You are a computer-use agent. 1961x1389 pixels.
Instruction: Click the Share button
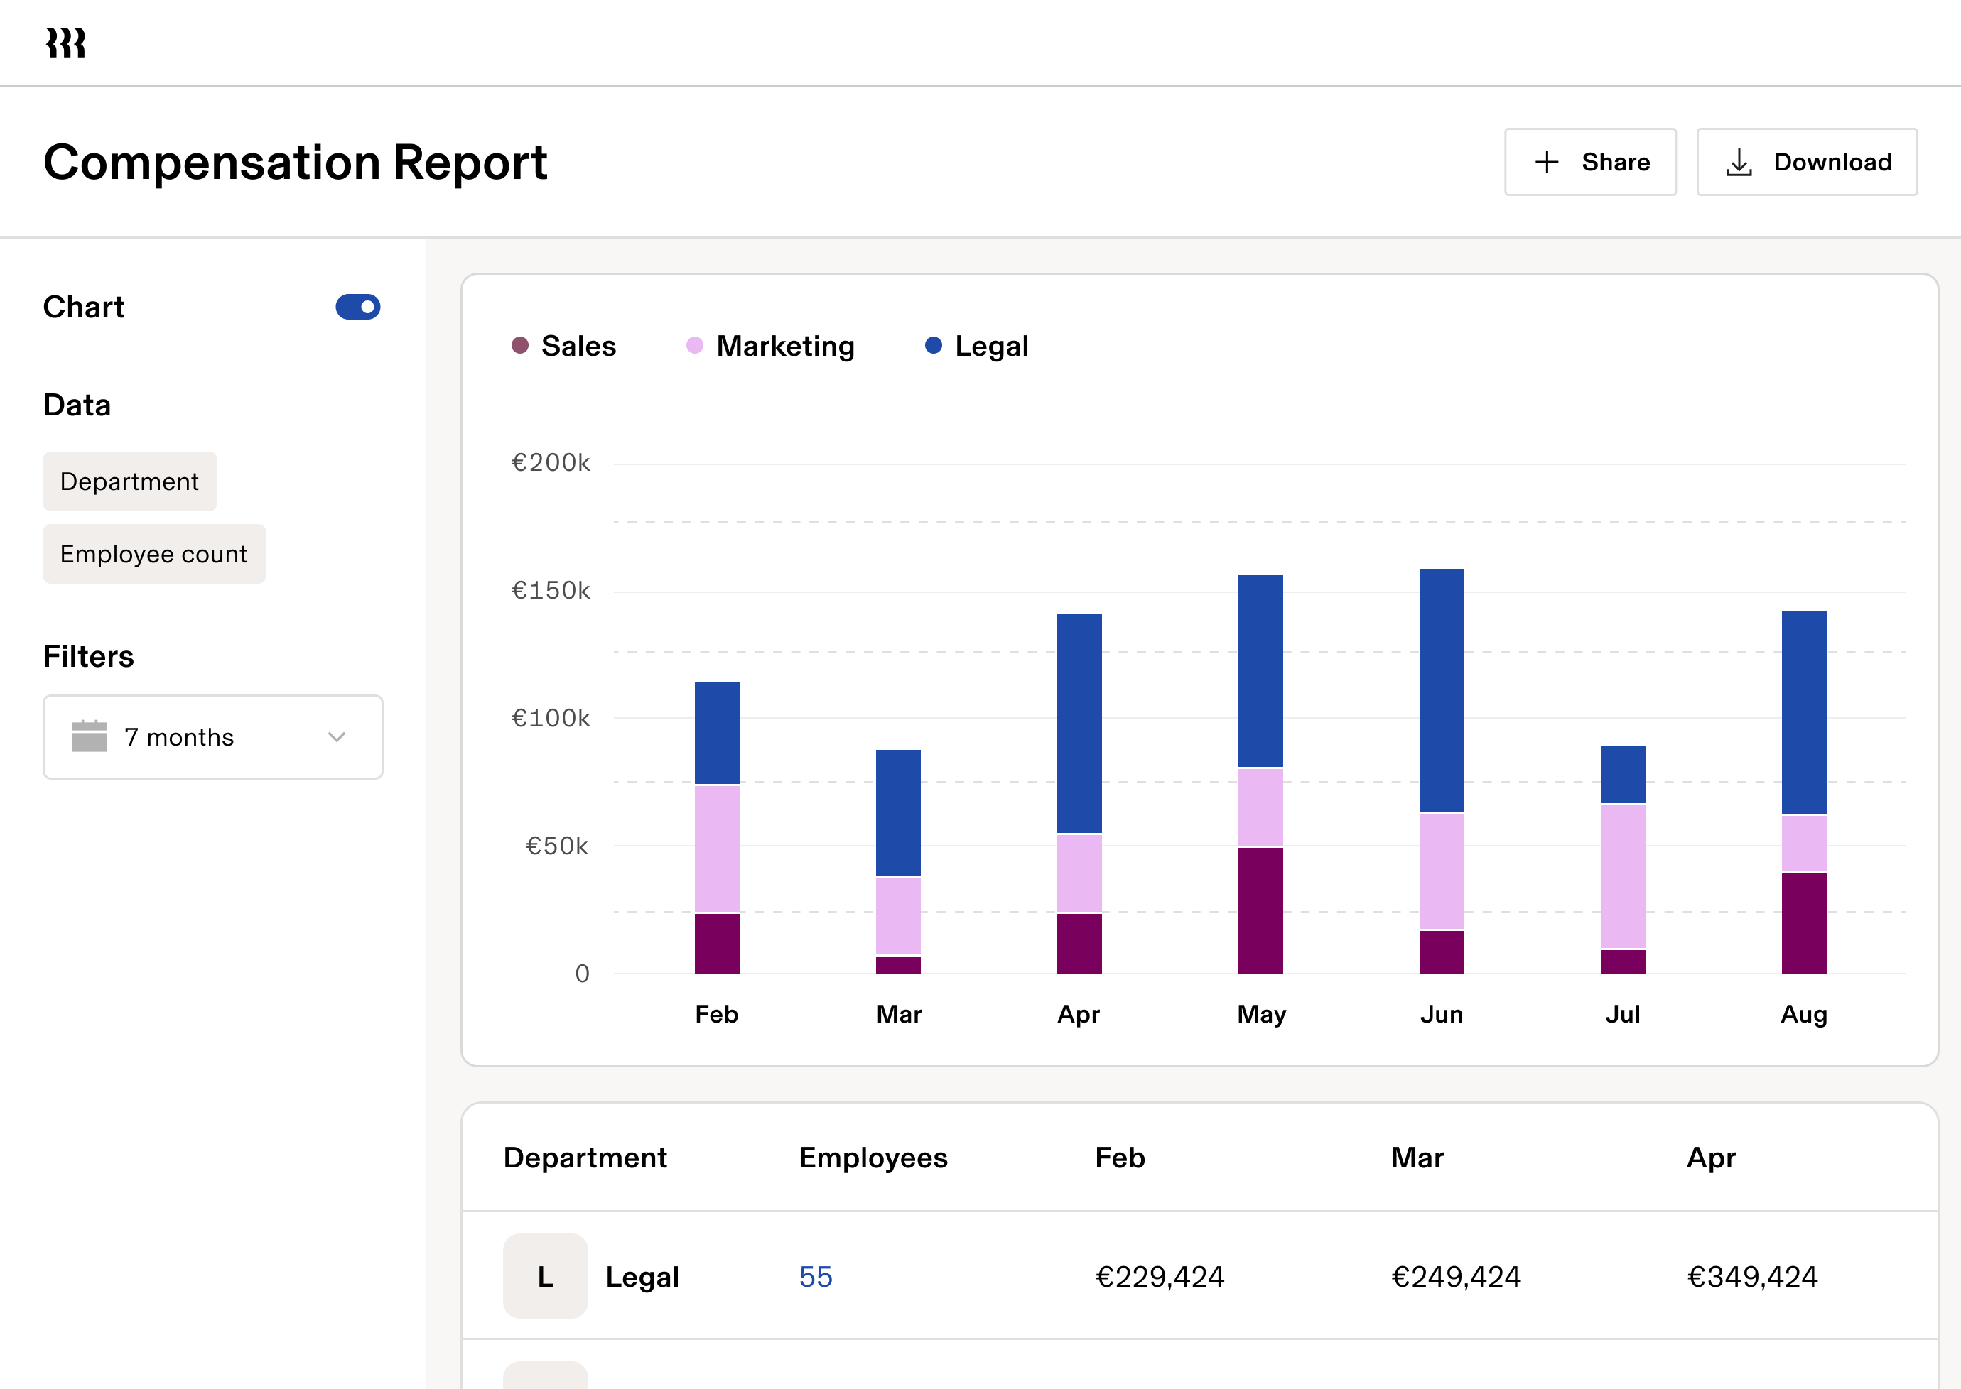[x=1589, y=162]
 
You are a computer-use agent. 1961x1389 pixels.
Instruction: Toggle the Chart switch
[x=357, y=306]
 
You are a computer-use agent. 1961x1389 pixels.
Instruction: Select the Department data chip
[x=130, y=481]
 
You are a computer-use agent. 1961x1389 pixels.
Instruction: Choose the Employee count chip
[x=154, y=554]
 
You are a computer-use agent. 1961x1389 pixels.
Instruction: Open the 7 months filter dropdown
[x=213, y=736]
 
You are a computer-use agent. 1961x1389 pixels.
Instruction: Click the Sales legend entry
[x=564, y=346]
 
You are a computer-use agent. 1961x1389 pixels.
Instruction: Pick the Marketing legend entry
[x=770, y=346]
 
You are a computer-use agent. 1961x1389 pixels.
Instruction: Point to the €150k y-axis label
[x=550, y=590]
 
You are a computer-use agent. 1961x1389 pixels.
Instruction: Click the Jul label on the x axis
[x=1622, y=1014]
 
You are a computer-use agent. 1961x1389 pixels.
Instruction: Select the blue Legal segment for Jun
[x=1442, y=690]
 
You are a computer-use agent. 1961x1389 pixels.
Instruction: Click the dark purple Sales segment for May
[x=1260, y=910]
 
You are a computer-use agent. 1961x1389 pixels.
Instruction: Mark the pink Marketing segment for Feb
[x=717, y=849]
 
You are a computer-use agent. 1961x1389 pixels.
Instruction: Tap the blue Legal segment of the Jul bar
[x=1623, y=774]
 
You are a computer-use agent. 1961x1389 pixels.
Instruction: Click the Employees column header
[x=873, y=1157]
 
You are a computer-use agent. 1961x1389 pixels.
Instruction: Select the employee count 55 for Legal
[x=816, y=1276]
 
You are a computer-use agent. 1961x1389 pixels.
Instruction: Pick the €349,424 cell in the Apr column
[x=1752, y=1276]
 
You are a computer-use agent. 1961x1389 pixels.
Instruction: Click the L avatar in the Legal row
[x=545, y=1276]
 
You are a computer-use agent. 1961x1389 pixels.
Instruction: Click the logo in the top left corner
[x=66, y=42]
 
